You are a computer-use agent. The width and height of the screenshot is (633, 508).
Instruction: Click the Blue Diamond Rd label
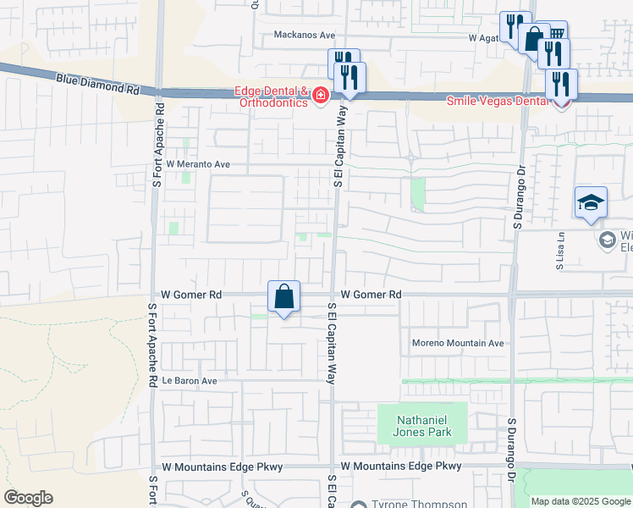coord(97,82)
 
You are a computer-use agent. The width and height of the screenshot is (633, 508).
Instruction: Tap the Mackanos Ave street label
coord(305,36)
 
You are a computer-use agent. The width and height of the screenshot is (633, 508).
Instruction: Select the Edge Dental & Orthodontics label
coord(271,97)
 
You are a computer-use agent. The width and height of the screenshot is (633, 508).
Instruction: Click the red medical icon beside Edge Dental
coord(320,94)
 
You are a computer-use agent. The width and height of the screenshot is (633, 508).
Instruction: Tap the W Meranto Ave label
coord(197,164)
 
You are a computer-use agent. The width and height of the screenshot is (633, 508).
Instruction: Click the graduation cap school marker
coord(591,202)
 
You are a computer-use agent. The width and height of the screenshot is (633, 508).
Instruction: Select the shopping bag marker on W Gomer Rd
coord(284,297)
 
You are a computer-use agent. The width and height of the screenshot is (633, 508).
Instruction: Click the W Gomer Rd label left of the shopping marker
coord(191,295)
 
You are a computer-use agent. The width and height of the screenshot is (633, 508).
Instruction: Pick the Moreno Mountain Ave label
coord(458,343)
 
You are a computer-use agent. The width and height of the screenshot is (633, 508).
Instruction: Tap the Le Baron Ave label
coord(190,381)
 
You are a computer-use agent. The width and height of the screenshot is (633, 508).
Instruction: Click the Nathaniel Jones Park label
coord(421,426)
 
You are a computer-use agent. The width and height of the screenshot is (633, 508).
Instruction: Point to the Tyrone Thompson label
coord(419,504)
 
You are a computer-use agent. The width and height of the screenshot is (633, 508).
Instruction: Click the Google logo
coord(28,498)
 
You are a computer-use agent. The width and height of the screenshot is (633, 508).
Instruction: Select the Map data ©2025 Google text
coord(581,501)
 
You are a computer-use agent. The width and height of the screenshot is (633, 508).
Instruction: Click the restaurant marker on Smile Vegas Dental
coord(562,85)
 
